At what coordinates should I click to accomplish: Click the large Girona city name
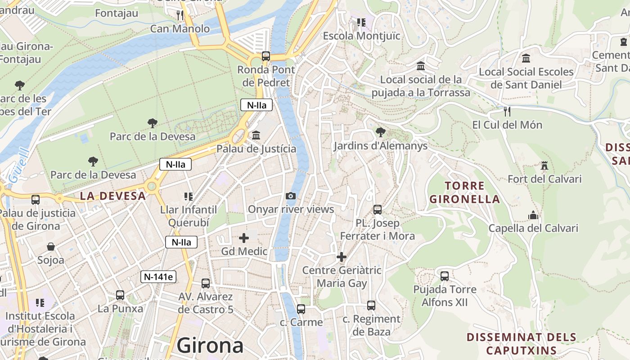tap(210, 346)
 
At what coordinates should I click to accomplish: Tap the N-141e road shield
tap(158, 277)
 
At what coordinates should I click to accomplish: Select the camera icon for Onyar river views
tap(291, 196)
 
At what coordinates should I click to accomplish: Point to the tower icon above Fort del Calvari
tap(544, 166)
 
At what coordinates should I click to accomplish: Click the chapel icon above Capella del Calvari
tap(533, 215)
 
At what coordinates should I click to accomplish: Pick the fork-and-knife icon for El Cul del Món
tap(507, 111)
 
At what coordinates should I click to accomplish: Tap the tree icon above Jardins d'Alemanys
tap(380, 132)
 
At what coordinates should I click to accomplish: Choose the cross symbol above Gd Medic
tap(244, 238)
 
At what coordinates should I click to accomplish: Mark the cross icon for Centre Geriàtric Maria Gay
tap(342, 257)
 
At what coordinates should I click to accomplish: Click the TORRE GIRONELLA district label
tap(464, 192)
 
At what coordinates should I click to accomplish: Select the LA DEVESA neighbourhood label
tap(113, 196)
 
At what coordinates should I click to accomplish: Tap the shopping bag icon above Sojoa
tap(50, 247)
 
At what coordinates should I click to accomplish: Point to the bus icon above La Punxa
tap(120, 295)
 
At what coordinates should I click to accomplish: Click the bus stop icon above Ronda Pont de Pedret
tap(266, 56)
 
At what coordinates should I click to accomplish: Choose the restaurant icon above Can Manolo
tap(180, 15)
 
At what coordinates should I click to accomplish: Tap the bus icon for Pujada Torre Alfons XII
tap(445, 276)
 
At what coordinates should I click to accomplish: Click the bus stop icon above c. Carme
tap(301, 309)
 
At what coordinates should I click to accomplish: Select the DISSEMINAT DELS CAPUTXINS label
tap(521, 343)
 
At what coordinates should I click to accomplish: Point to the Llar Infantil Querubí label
tap(189, 216)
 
